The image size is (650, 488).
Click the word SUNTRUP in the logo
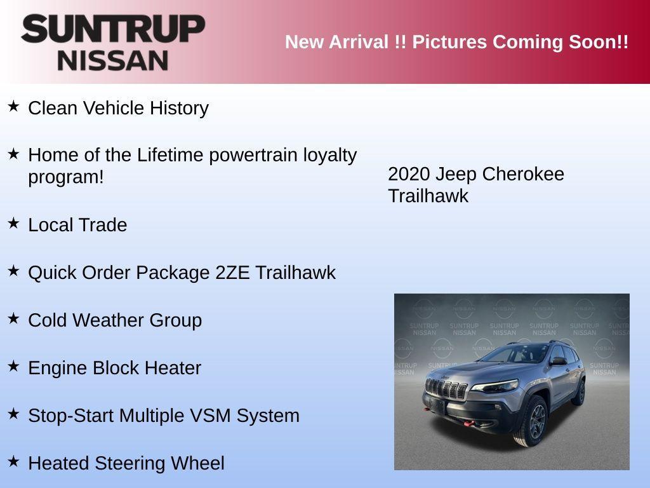point(113,29)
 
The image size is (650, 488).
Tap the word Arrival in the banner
point(359,43)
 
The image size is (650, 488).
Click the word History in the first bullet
point(179,108)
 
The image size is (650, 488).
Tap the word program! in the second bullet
point(65,177)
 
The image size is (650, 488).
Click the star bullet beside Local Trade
point(13,222)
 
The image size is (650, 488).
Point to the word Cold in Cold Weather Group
point(48,320)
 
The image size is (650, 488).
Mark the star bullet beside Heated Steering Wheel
point(13,461)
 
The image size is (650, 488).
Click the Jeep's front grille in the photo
point(446,389)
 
